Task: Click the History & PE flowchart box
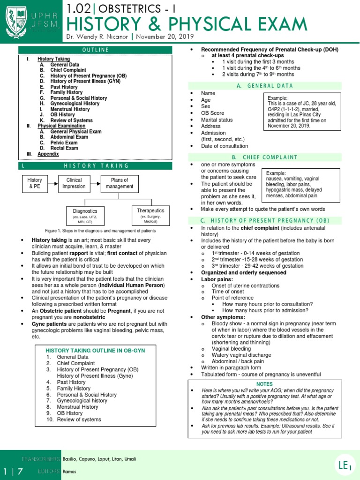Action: pyautogui.click(x=35, y=183)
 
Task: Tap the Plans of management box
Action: pyautogui.click(x=119, y=183)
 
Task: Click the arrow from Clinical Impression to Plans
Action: pyautogui.click(x=95, y=183)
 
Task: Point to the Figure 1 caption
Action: pyautogui.click(x=100, y=231)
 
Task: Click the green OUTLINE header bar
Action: pyautogui.click(x=95, y=50)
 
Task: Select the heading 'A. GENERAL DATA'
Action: pyautogui.click(x=265, y=86)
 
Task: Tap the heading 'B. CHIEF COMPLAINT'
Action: pyautogui.click(x=265, y=157)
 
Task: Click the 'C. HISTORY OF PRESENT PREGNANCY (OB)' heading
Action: pyautogui.click(x=265, y=221)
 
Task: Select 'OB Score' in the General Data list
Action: pyautogui.click(x=212, y=113)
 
